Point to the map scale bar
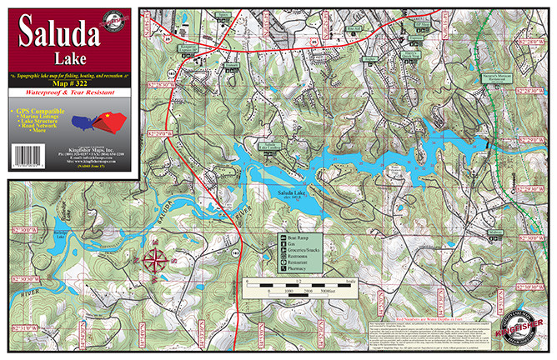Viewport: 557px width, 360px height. (299, 287)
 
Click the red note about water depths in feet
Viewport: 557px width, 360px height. (437, 317)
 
